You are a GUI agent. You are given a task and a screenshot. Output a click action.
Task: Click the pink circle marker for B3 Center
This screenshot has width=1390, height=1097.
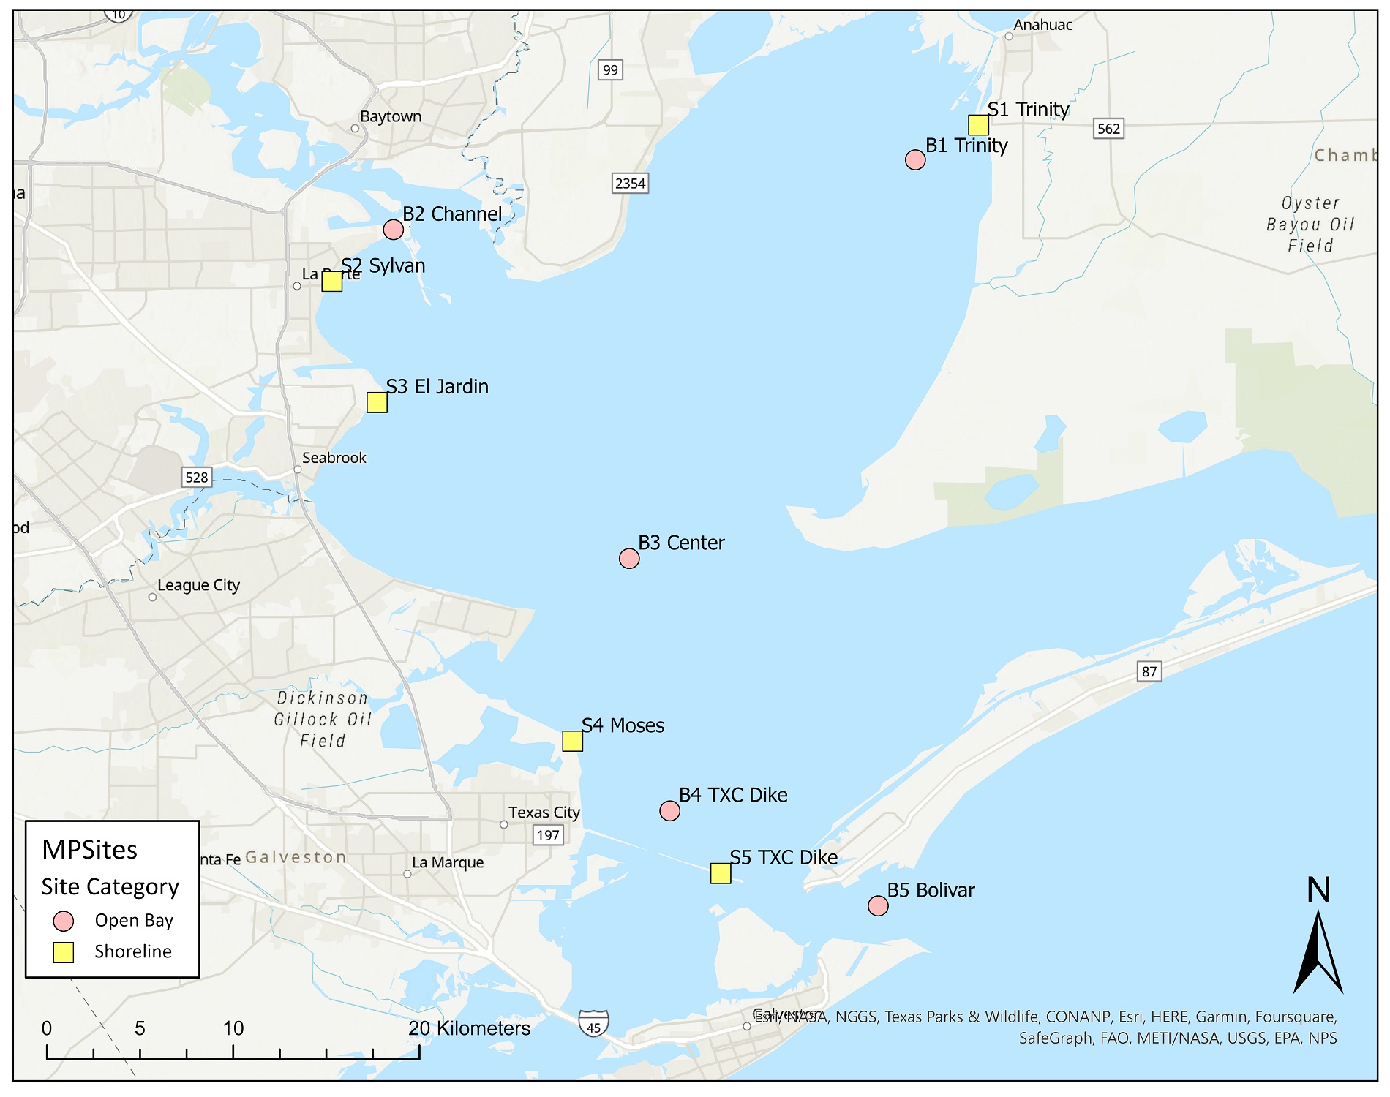point(629,559)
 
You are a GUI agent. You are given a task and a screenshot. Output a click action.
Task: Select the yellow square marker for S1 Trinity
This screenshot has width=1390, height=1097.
point(978,125)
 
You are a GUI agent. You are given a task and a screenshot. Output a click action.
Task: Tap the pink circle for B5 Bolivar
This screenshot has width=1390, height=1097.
point(878,906)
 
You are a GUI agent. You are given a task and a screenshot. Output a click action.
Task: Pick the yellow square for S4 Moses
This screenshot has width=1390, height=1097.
point(572,741)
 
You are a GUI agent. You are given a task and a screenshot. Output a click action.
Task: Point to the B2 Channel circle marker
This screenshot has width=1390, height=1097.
point(394,230)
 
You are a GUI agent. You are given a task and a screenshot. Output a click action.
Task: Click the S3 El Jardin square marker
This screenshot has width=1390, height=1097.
point(377,402)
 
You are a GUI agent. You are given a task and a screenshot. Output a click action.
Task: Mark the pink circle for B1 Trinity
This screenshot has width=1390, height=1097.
point(915,159)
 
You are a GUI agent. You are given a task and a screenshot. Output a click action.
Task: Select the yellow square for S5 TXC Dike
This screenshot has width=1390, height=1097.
point(721,873)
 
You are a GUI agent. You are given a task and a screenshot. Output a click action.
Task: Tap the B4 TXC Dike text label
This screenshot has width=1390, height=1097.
point(733,795)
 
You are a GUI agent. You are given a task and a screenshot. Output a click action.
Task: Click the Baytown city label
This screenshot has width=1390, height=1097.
point(391,116)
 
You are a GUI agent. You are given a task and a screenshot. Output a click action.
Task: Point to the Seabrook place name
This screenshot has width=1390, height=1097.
point(334,458)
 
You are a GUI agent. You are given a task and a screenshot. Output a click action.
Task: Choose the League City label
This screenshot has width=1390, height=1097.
point(198,585)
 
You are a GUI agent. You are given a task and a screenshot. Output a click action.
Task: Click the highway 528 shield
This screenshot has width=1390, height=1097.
point(197,478)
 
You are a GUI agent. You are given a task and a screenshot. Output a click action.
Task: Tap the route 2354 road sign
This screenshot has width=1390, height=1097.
point(630,183)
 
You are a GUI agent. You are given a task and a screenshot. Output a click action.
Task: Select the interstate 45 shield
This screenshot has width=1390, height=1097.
point(593,1023)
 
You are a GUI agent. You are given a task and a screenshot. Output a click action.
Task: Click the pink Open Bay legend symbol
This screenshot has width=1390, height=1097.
point(64,921)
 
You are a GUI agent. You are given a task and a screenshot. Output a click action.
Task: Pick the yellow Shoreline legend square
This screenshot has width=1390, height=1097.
point(64,952)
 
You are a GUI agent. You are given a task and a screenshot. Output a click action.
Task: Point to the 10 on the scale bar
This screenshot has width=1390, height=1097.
point(233,1028)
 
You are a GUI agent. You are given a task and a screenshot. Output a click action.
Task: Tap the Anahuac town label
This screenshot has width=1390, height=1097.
point(1042,25)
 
